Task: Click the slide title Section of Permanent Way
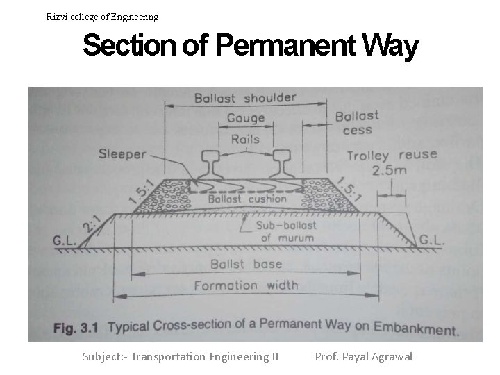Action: click(x=250, y=47)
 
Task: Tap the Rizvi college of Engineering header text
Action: click(x=102, y=17)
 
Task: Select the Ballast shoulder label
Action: click(x=245, y=98)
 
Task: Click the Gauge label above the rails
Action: click(x=245, y=119)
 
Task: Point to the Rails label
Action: click(x=245, y=139)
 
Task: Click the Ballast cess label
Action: click(x=357, y=122)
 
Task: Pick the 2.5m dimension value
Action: click(x=390, y=169)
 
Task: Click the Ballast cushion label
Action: click(x=247, y=199)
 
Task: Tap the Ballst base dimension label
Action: click(x=246, y=264)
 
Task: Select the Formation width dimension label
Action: click(x=246, y=285)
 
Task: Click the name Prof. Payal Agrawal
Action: click(x=363, y=356)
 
